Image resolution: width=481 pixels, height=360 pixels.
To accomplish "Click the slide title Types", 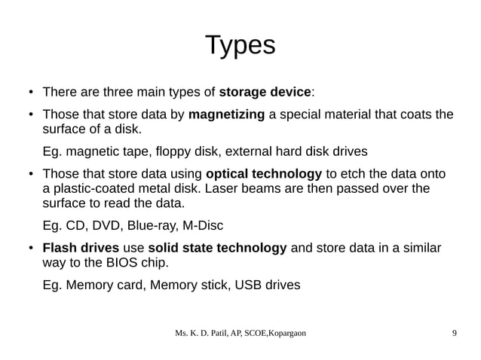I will point(240,45).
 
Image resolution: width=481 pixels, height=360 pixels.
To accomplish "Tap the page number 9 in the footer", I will point(453,333).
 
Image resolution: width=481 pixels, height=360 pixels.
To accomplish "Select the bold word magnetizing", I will point(226,115).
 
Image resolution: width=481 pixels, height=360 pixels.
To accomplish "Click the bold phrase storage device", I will point(265,93).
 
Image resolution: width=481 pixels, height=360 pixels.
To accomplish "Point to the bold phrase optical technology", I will point(264,172).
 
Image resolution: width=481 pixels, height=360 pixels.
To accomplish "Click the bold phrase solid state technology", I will point(217,248).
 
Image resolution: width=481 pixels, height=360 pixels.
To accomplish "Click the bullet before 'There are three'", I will point(29,93).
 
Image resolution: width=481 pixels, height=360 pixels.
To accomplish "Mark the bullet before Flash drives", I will point(29,249).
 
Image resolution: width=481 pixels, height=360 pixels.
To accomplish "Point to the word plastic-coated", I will point(81,188).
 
